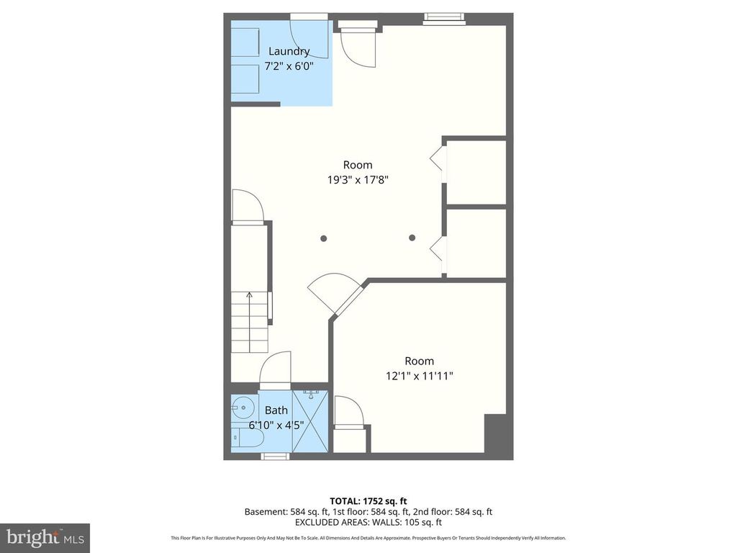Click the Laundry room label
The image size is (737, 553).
289,51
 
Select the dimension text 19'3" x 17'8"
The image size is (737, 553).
358,180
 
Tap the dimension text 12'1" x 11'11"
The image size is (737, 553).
419,375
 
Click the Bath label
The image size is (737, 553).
276,410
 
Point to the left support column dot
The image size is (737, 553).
324,238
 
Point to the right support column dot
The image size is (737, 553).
412,238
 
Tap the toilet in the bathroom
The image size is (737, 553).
239,436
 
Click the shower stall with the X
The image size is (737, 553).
311,422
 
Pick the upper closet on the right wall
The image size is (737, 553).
476,173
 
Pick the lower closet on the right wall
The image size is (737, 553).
476,243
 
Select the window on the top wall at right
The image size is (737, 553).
443,19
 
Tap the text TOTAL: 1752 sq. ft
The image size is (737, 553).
368,500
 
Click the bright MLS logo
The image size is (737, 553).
45,537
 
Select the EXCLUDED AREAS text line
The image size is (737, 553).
368,522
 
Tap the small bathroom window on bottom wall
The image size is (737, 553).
274,456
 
